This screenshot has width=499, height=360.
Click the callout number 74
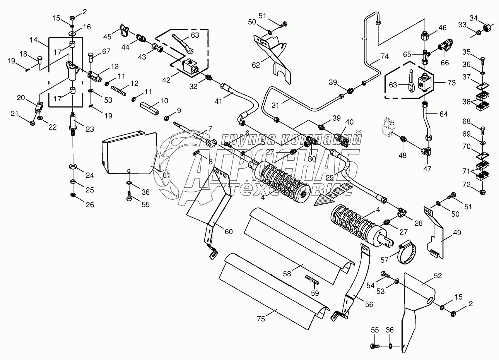point(385,56)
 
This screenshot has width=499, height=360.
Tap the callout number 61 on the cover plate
point(166,176)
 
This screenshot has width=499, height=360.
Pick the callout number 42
point(166,80)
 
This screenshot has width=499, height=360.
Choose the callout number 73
point(441,83)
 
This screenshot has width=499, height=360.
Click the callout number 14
point(33,39)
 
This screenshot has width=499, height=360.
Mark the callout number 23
point(90,129)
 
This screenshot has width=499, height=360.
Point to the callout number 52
point(437,276)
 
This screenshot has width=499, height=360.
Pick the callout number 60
point(229,232)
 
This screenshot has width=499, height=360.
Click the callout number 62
point(256,65)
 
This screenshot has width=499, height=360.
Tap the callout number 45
point(107,36)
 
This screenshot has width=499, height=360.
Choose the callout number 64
point(443,114)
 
